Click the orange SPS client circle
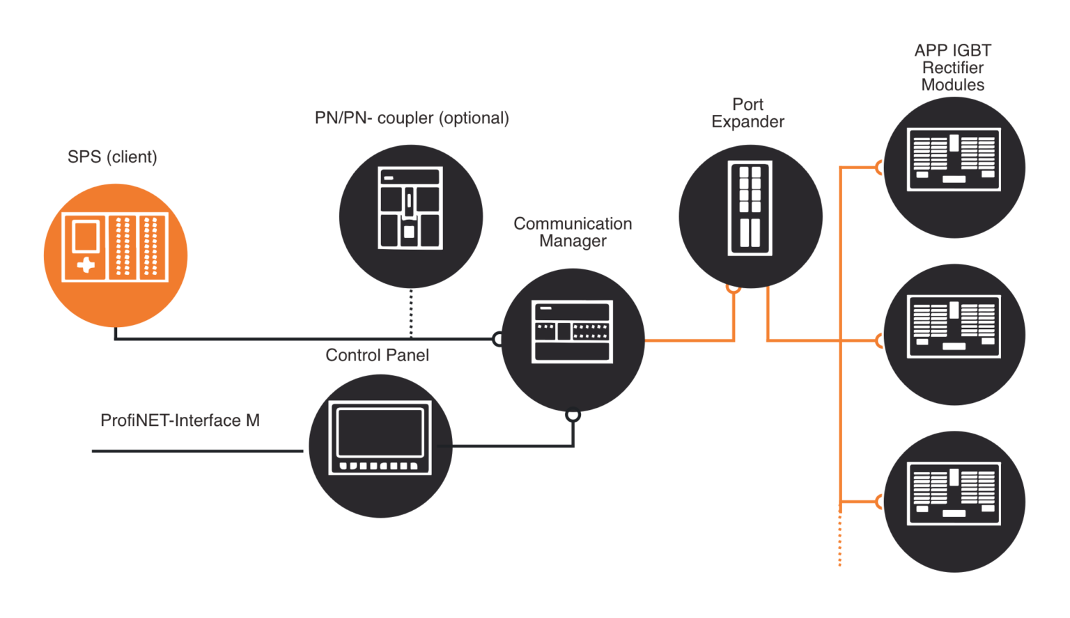click(x=116, y=255)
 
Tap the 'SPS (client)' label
click(x=112, y=157)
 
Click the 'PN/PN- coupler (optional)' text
click(x=412, y=118)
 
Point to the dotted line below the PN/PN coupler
click(x=411, y=313)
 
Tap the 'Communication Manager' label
click(x=573, y=232)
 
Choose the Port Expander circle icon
click(x=750, y=216)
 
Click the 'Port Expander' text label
click(x=747, y=113)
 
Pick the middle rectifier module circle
click(x=954, y=334)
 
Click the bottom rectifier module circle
click(x=954, y=501)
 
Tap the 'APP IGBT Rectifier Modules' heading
click(x=952, y=68)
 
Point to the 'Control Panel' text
click(x=377, y=355)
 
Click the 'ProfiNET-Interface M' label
click(x=180, y=420)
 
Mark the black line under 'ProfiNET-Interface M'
click(x=197, y=451)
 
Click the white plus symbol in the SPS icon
click(x=86, y=265)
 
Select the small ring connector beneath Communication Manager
click(x=573, y=415)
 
